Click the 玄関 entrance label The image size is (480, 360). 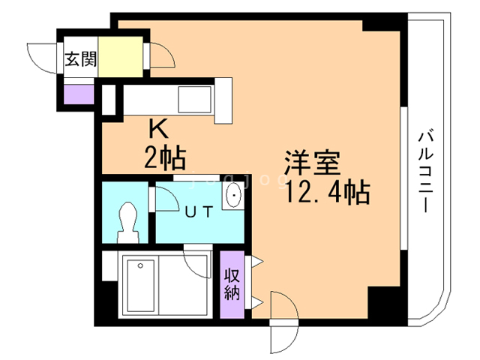point(79,60)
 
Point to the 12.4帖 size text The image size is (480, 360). point(326,193)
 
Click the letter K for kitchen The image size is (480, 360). point(158,128)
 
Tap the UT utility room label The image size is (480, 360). point(199,211)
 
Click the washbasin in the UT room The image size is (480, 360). point(235,195)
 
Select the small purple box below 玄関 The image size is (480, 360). point(78,94)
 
